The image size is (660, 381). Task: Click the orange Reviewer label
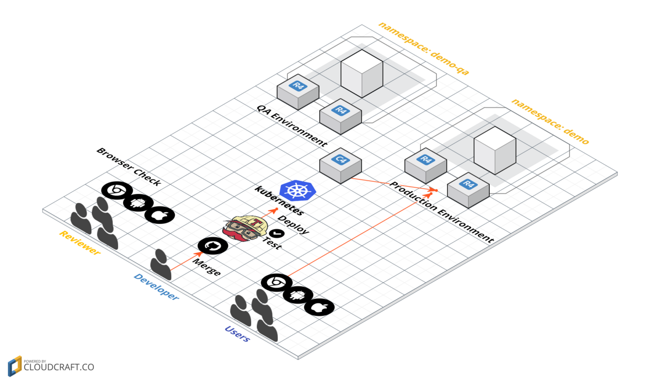point(79,243)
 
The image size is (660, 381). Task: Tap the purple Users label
point(237,334)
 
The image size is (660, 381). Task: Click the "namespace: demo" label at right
point(550,121)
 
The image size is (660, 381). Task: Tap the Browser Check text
point(128,167)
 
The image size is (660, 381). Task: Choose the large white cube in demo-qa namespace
point(362,71)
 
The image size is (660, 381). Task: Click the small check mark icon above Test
point(273,233)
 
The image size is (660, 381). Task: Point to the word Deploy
point(293,224)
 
